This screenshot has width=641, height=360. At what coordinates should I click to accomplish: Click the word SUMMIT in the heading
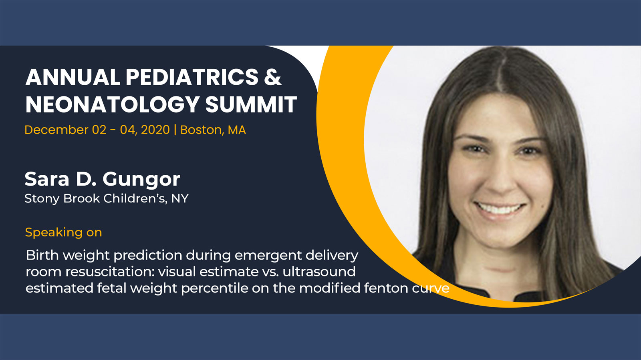click(x=251, y=104)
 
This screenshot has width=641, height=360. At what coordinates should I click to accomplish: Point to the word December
click(x=56, y=130)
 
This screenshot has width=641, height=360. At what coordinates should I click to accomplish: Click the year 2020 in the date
click(x=155, y=130)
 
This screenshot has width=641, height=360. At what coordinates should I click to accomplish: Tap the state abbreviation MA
click(x=237, y=130)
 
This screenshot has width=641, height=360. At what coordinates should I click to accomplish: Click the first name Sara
click(x=47, y=179)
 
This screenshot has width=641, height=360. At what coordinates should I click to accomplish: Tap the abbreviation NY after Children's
click(x=180, y=198)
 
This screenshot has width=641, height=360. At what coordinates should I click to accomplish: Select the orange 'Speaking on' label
click(x=63, y=232)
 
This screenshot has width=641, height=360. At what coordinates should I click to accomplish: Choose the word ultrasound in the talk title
click(x=319, y=272)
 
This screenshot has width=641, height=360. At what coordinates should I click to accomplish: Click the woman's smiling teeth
click(x=499, y=208)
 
